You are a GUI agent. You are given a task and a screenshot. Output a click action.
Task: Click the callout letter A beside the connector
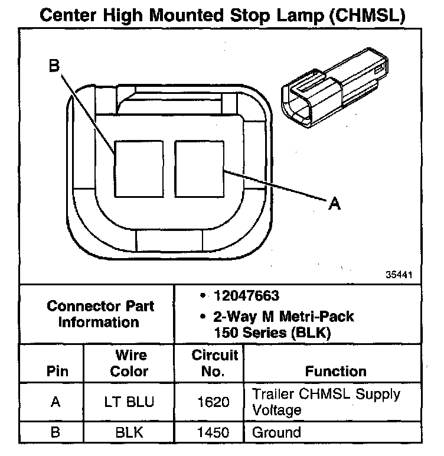(x=334, y=204)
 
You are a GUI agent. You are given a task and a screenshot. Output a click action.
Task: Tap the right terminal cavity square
(x=198, y=168)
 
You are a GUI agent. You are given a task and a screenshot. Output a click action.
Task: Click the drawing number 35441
(x=400, y=275)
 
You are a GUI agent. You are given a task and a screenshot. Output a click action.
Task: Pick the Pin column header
(x=57, y=372)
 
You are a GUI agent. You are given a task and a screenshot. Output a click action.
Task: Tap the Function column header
(x=335, y=372)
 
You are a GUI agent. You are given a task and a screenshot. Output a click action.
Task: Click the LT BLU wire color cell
(x=130, y=402)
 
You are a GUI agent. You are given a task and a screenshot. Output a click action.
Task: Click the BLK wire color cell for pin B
(x=130, y=432)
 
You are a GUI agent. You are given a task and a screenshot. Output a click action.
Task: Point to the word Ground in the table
(x=276, y=432)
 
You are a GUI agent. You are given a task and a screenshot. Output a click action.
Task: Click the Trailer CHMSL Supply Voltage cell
(x=326, y=402)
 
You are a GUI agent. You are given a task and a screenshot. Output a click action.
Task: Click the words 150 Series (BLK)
(x=272, y=333)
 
